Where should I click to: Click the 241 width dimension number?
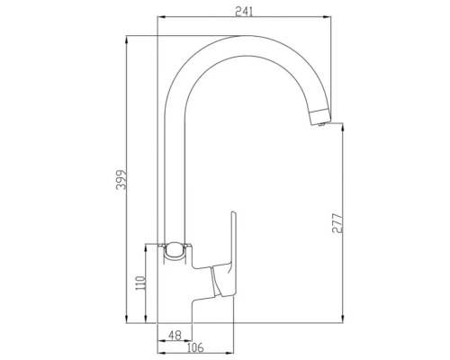(x=241, y=10)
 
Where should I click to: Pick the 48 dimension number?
(x=174, y=335)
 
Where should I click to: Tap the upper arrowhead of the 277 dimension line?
(x=345, y=127)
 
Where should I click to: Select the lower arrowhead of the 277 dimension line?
(x=345, y=319)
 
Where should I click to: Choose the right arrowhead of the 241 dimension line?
(x=325, y=15)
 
